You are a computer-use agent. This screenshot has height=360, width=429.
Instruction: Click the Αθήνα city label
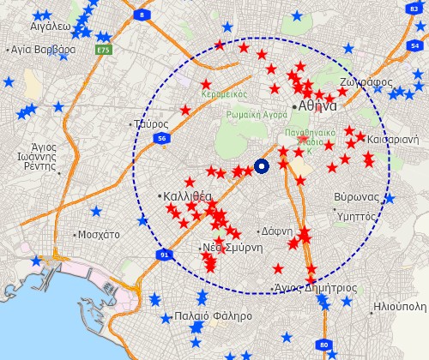coord(317,105)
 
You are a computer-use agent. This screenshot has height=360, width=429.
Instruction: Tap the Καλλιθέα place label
coord(188,196)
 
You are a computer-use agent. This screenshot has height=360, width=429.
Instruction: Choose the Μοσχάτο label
coord(99,234)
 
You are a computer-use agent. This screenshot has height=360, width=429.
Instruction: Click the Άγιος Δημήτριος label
coord(317,288)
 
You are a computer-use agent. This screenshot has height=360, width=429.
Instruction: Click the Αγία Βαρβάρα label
coord(42,50)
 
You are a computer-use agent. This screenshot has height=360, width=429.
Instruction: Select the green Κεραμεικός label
coord(225,94)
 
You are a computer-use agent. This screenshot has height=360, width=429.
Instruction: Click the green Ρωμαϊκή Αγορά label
coord(257,114)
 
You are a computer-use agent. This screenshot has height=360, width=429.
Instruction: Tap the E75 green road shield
coord(104,51)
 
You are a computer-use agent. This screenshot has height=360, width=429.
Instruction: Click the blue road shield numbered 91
coord(164,255)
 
